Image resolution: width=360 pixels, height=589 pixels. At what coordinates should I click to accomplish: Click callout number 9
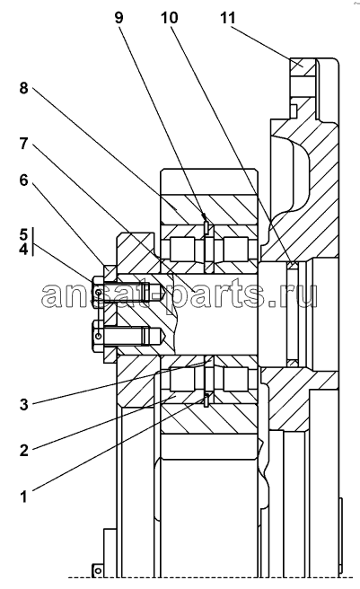pyautogui.click(x=119, y=17)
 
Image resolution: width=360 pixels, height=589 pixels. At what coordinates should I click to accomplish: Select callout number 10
pyautogui.click(x=169, y=17)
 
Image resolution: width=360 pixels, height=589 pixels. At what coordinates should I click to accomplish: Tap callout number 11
pyautogui.click(x=228, y=17)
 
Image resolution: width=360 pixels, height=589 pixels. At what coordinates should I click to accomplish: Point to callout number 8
pyautogui.click(x=23, y=88)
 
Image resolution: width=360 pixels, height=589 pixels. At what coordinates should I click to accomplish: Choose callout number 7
pyautogui.click(x=23, y=143)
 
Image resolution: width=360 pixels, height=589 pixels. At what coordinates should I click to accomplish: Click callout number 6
pyautogui.click(x=23, y=180)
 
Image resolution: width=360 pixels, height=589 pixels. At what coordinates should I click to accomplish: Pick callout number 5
pyautogui.click(x=23, y=235)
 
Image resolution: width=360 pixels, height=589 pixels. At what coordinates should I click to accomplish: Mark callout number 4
pyautogui.click(x=23, y=249)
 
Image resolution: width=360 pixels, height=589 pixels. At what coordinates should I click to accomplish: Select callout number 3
pyautogui.click(x=23, y=405)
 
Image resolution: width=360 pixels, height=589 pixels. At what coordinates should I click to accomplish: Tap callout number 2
pyautogui.click(x=23, y=450)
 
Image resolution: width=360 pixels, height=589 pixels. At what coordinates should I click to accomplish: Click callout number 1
pyautogui.click(x=23, y=497)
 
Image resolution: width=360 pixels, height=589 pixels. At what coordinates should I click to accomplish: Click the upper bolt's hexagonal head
pyautogui.click(x=97, y=292)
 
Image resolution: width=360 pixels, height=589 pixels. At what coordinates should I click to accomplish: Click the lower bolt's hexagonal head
pyautogui.click(x=97, y=336)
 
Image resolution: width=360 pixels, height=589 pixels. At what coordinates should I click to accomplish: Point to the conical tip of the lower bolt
pyautogui.click(x=163, y=336)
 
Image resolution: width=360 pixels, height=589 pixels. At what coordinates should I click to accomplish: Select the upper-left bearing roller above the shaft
pyautogui.click(x=182, y=249)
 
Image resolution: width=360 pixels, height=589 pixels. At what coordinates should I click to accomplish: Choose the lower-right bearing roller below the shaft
pyautogui.click(x=235, y=379)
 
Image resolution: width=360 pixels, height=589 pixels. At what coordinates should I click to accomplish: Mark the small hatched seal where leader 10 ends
pyautogui.click(x=293, y=266)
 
